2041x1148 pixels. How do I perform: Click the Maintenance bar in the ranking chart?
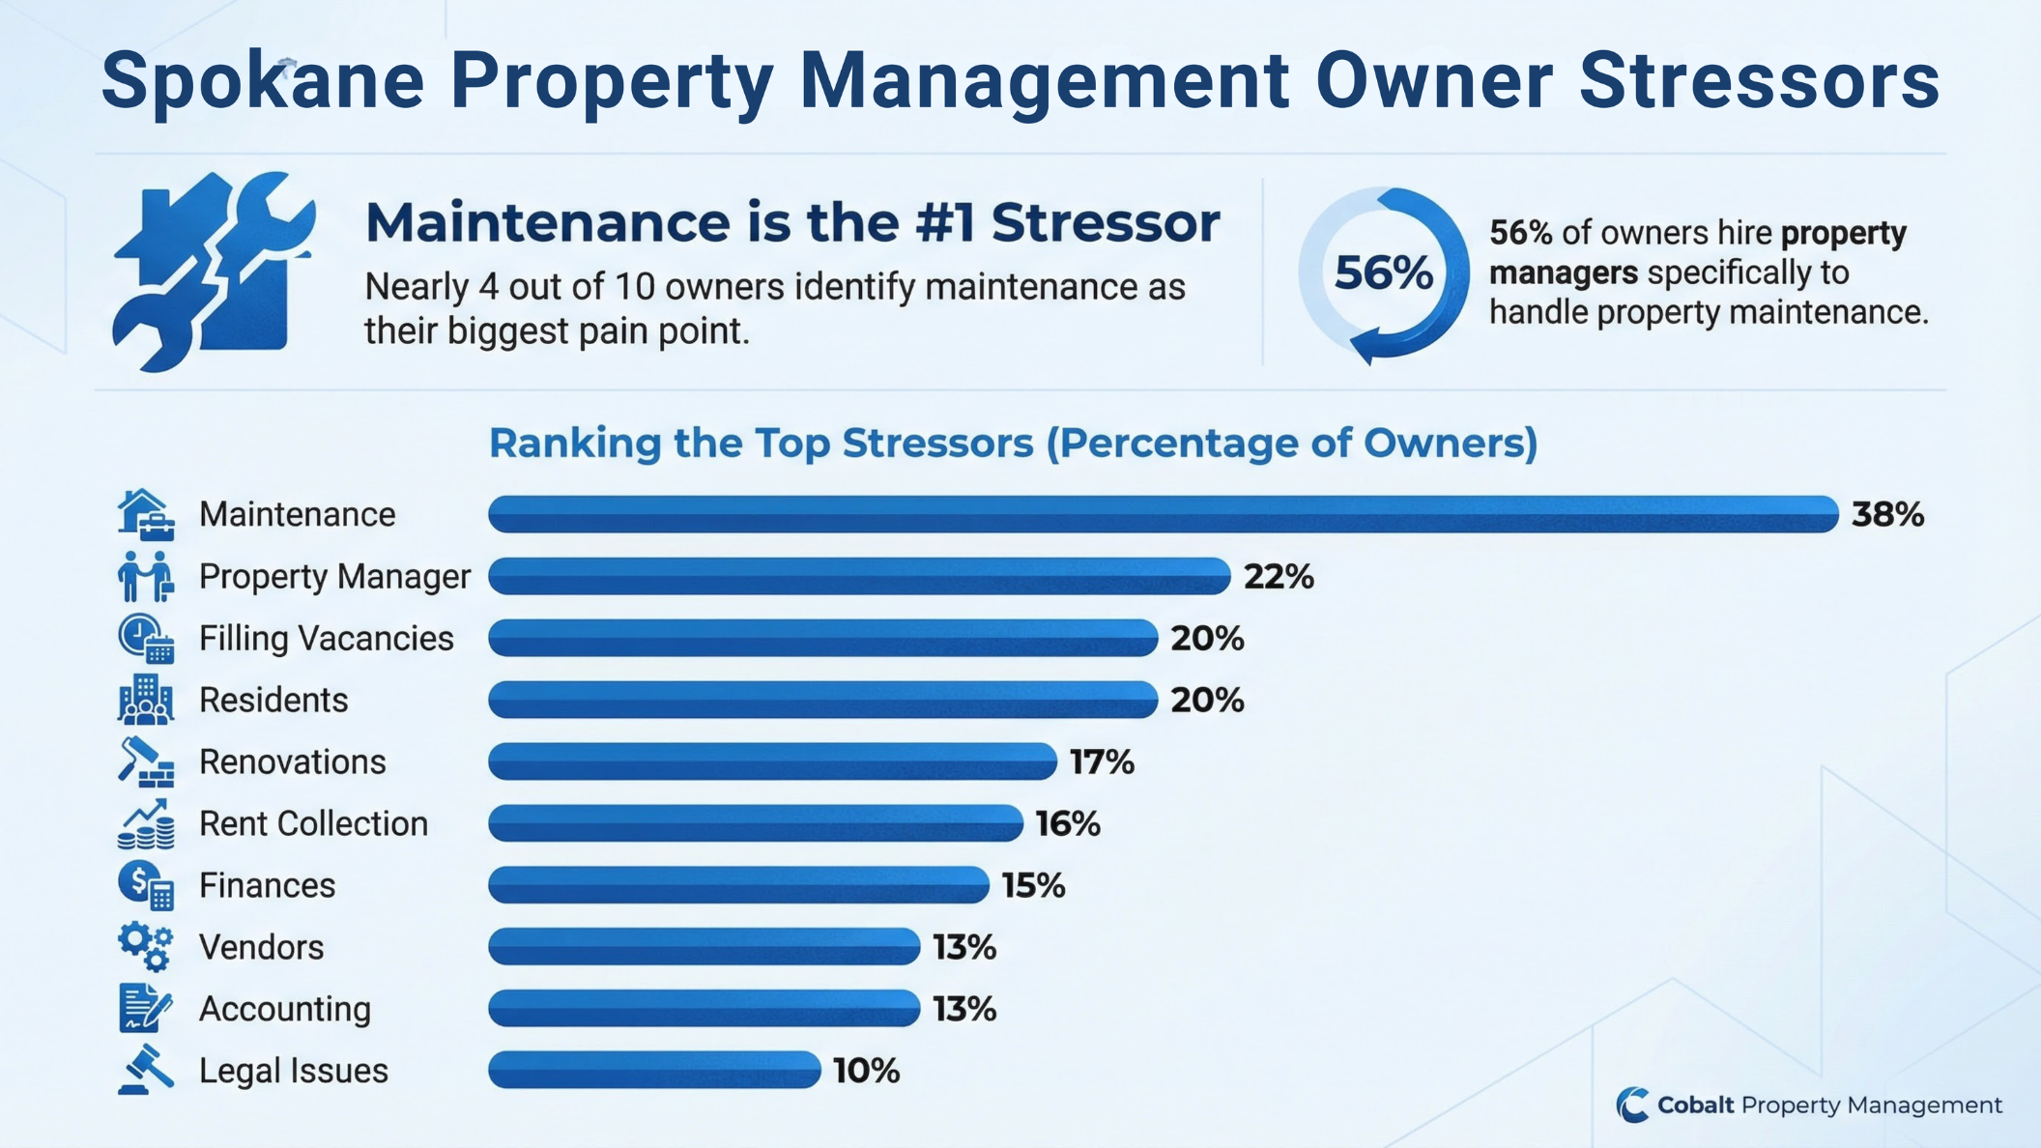tap(1163, 514)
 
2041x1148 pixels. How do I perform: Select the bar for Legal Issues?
tap(654, 1070)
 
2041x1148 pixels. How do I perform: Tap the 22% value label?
tap(1278, 577)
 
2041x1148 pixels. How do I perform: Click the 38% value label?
tap(1886, 515)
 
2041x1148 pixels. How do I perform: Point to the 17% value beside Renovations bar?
tap(1101, 762)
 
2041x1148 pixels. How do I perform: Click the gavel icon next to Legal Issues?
tap(146, 1070)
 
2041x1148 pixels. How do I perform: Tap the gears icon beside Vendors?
tap(146, 946)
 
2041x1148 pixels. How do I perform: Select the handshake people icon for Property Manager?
tap(146, 577)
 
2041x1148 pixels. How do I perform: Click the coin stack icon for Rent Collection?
tap(146, 824)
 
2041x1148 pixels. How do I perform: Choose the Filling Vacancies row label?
tap(326, 639)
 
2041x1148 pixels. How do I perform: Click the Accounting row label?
tap(284, 1009)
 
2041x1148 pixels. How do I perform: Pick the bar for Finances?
tap(738, 885)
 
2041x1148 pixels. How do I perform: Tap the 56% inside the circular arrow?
tap(1383, 273)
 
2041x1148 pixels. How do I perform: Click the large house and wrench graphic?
tap(213, 273)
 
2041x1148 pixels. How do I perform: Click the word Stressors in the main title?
tap(1759, 81)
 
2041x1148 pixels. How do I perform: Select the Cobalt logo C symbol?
tap(1632, 1105)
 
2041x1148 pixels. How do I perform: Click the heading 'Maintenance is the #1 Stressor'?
tap(792, 222)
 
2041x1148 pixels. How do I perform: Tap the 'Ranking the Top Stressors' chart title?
tap(1012, 443)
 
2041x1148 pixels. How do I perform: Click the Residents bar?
tap(822, 700)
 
